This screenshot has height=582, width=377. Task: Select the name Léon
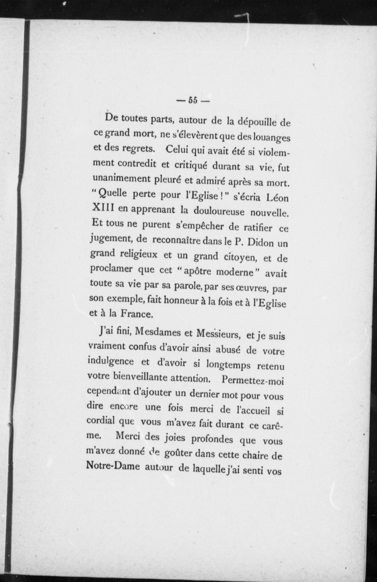(x=278, y=198)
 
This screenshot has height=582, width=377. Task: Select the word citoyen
(x=241, y=257)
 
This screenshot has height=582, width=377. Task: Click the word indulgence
(x=111, y=361)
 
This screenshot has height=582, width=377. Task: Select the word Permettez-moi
(x=253, y=381)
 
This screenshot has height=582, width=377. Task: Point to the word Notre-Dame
(x=113, y=465)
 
